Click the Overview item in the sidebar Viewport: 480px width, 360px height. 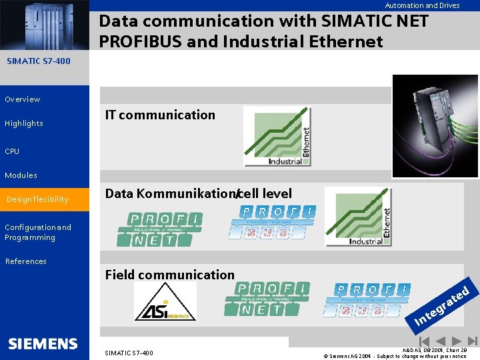(x=23, y=99)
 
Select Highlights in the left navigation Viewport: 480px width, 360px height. (x=24, y=123)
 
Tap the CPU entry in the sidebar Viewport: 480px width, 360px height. (x=12, y=151)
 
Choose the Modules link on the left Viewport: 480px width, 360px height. (x=21, y=175)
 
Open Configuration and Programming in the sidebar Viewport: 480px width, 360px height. (x=38, y=232)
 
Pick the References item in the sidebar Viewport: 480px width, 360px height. (x=26, y=261)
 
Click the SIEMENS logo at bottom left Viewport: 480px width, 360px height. (x=43, y=344)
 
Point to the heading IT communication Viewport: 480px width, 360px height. (x=160, y=115)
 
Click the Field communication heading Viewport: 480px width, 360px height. (x=170, y=275)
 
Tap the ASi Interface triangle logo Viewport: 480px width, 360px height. (x=165, y=302)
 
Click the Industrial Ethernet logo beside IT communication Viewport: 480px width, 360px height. (x=277, y=137)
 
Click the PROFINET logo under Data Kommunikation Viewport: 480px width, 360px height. (x=165, y=229)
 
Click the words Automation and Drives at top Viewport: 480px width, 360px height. (x=422, y=5)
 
